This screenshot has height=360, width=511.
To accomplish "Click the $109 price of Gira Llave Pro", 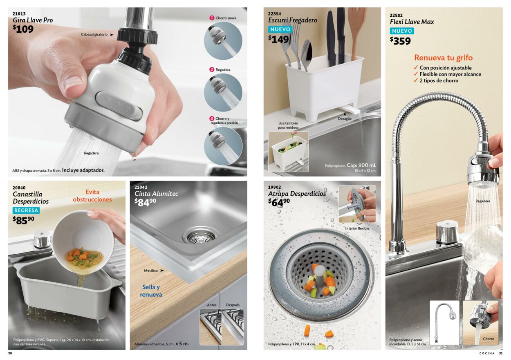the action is (23, 29).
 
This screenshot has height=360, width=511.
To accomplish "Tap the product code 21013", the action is (19, 13).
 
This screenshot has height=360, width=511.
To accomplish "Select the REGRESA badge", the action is (26, 210).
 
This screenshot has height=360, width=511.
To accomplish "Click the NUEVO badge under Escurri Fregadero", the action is (280, 29).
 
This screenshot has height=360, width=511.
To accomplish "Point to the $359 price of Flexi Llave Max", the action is (400, 41).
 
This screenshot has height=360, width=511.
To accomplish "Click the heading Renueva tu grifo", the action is (443, 58).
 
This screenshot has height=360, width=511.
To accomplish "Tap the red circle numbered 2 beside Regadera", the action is (212, 69).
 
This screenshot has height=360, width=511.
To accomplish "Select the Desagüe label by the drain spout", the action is (345, 119).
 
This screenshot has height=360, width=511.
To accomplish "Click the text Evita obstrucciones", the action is (92, 196).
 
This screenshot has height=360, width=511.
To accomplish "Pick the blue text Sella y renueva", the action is (151, 291).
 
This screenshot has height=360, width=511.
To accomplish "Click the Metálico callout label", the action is (151, 271).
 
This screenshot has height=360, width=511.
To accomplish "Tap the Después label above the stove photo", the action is (233, 304).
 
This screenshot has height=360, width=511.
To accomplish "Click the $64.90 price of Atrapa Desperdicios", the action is (279, 202).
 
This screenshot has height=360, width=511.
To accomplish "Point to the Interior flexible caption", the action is (357, 228).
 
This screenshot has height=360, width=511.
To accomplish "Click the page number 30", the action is (10, 353).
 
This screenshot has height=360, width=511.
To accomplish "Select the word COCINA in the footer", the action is (487, 353).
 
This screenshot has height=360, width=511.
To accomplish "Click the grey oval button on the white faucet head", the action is (119, 106).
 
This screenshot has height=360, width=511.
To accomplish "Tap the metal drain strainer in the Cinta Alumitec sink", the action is (201, 236).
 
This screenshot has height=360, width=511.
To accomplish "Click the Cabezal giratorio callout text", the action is (94, 34).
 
